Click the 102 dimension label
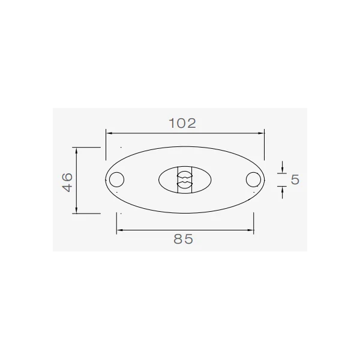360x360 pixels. pyautogui.click(x=182, y=123)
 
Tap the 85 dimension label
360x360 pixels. pyautogui.click(x=183, y=239)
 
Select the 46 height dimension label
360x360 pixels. pyautogui.click(x=67, y=182)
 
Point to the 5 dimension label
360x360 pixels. pyautogui.click(x=295, y=179)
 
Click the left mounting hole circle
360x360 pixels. pyautogui.click(x=109, y=179)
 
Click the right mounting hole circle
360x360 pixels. pyautogui.click(x=246, y=179)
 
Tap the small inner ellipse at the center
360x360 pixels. pyautogui.click(x=158, y=180)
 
